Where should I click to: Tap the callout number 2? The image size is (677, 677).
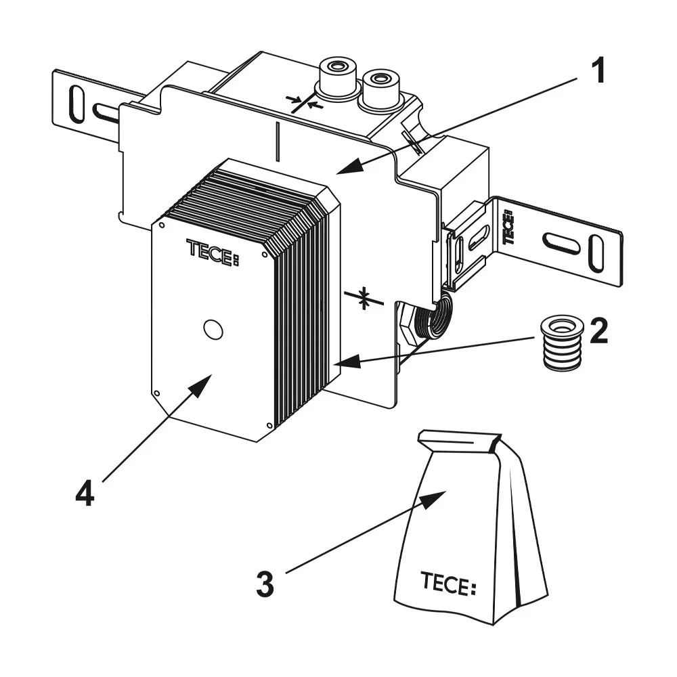598,332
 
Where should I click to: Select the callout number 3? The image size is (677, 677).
265,584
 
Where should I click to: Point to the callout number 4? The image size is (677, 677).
84,495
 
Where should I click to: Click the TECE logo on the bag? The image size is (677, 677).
447,583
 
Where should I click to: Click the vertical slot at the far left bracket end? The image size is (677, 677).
77,105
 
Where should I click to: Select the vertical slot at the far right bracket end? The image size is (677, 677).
596,253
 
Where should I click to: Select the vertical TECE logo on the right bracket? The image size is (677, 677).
508,227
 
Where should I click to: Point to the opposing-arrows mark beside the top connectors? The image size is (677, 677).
303,104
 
